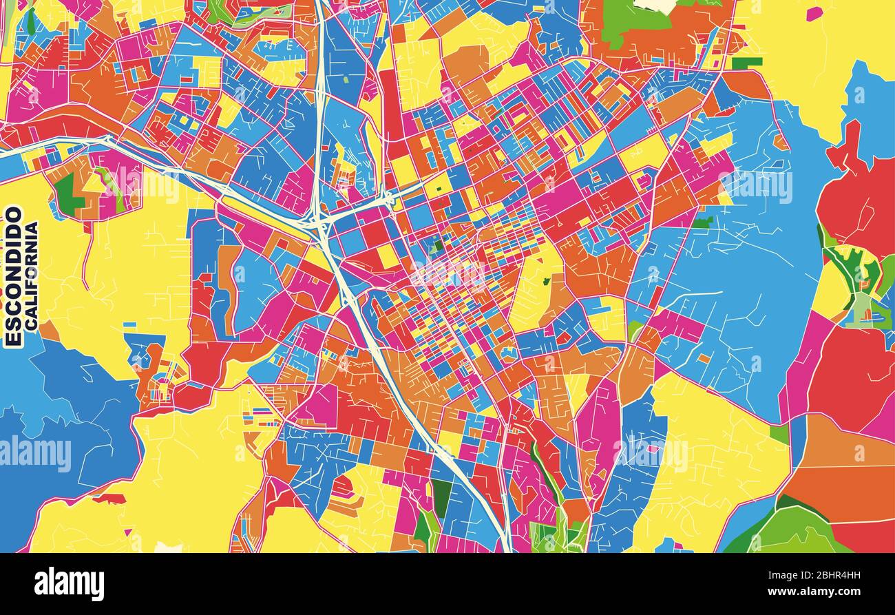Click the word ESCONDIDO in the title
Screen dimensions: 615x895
tap(14, 275)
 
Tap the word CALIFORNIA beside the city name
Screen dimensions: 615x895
tap(32, 274)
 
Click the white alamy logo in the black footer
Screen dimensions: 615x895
tap(69, 584)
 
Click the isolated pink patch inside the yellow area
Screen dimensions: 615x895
tap(814, 14)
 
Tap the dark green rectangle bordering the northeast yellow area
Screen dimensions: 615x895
tap(746, 63)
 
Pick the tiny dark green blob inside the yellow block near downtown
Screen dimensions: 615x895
tap(546, 281)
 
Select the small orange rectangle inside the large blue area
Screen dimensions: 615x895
tap(703, 358)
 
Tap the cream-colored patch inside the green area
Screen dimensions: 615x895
tap(654, 6)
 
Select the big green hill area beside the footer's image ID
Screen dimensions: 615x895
tap(799, 534)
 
